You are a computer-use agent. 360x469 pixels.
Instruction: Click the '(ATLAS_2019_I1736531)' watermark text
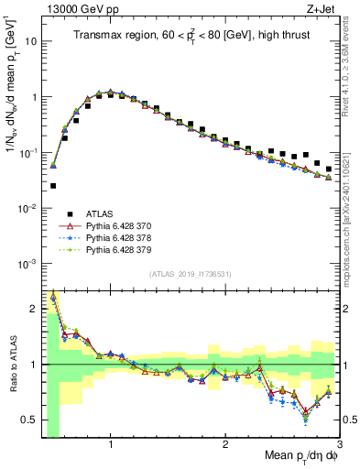(x=189, y=274)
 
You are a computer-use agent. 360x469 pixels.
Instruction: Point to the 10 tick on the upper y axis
(x=31, y=41)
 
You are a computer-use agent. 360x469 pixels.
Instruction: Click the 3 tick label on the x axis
(x=339, y=444)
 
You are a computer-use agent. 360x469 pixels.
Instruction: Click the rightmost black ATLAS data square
(x=329, y=169)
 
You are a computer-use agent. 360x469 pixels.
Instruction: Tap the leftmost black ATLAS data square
(x=53, y=186)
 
